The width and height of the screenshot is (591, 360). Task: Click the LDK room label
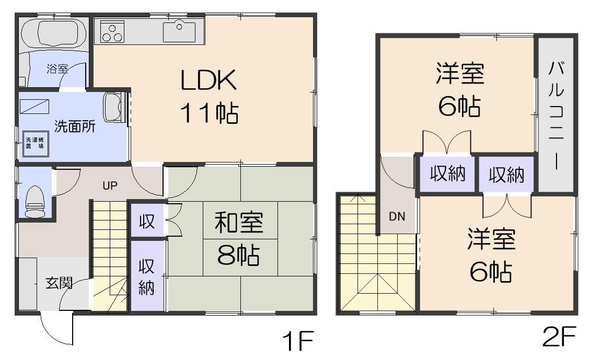point(209,80)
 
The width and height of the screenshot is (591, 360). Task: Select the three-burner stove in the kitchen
point(112,32)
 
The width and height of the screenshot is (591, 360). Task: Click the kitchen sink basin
point(179,31)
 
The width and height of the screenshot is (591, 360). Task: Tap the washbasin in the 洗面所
point(113,107)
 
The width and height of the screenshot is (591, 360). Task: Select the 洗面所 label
point(75,127)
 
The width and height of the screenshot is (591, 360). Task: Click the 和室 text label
point(239,223)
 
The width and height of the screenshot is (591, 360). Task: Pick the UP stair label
point(109,185)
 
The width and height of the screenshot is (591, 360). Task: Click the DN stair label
point(397,216)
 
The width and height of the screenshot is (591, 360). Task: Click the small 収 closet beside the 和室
point(146,222)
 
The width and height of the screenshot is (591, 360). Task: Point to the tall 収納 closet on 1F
point(146,276)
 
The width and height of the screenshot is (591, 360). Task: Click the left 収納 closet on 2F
point(447,175)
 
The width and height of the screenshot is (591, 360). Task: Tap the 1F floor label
point(297,343)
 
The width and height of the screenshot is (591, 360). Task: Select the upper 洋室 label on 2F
point(460,75)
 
